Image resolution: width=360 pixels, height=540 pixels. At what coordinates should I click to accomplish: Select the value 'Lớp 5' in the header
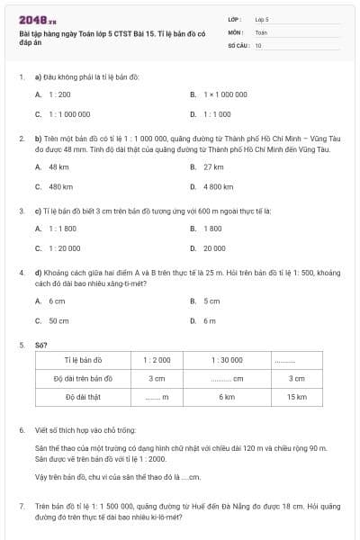tap(262, 19)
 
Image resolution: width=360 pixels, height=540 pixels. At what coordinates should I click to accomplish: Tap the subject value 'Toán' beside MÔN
tap(261, 31)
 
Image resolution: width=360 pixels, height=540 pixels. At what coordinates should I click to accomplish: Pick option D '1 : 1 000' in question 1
tap(217, 114)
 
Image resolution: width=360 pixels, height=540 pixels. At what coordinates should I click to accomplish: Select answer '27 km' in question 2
tap(213, 166)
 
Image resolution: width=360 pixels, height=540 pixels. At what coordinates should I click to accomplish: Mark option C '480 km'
tap(60, 187)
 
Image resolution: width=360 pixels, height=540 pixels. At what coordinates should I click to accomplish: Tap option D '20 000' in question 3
tap(214, 247)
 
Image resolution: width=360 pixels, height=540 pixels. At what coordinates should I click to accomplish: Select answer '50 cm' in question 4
tap(58, 320)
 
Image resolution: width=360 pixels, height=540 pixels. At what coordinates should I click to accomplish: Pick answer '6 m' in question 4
tap(209, 320)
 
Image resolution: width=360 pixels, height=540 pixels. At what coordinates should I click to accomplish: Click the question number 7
tap(22, 508)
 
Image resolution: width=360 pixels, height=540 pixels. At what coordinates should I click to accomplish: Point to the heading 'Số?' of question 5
tap(40, 344)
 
